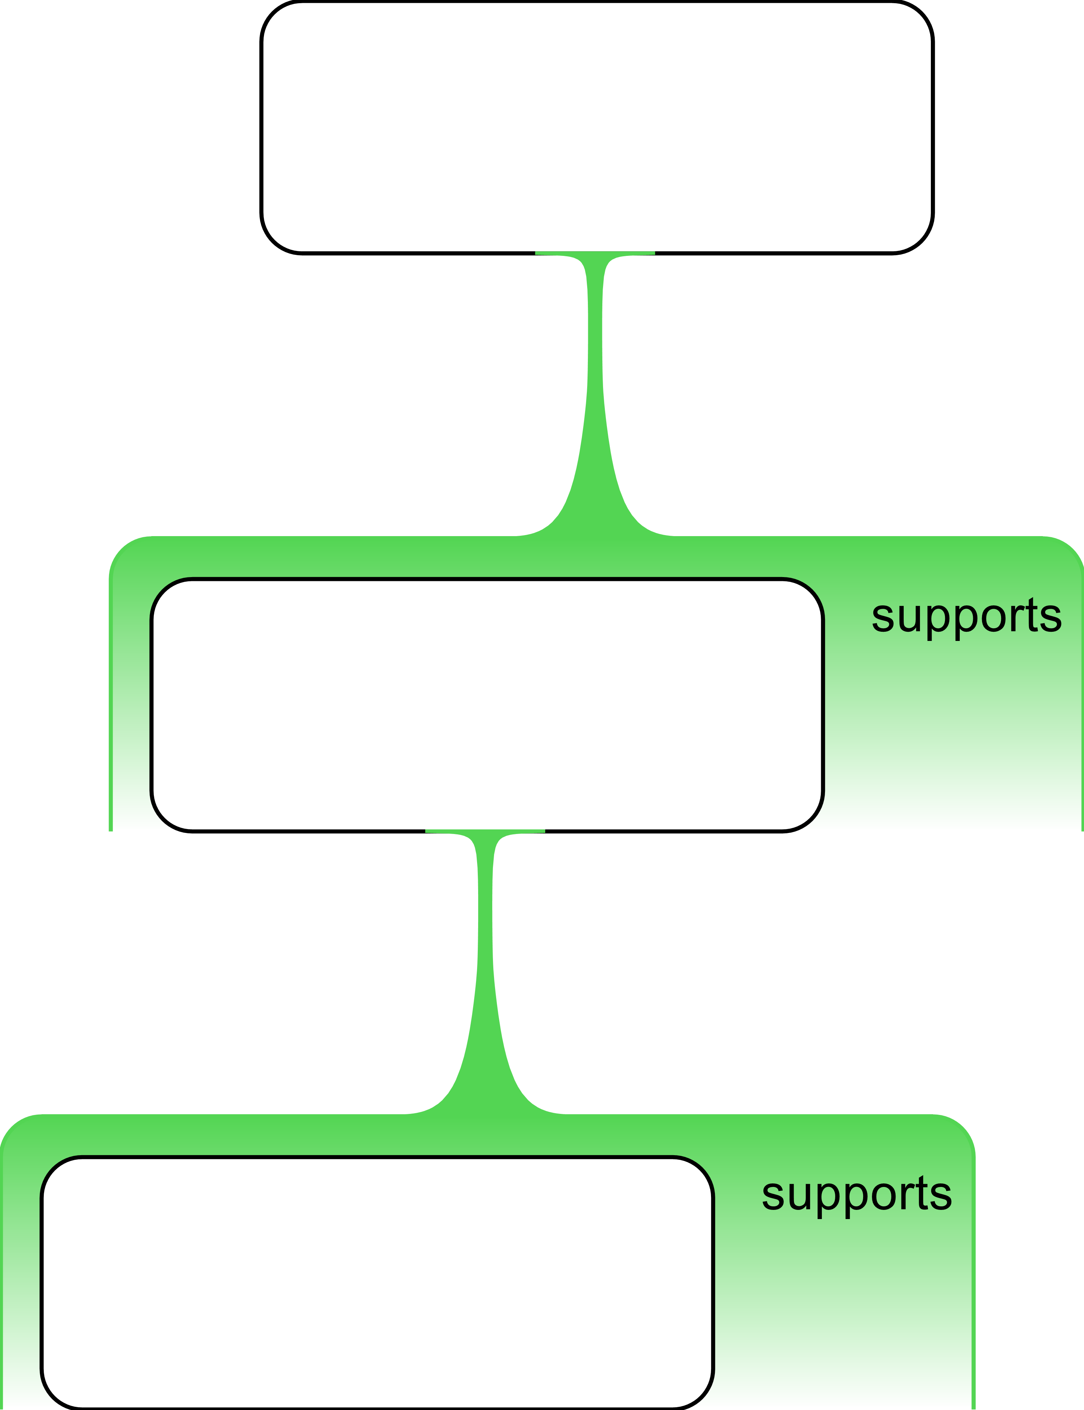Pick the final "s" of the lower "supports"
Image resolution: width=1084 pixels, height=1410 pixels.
pyautogui.click(x=941, y=1195)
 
